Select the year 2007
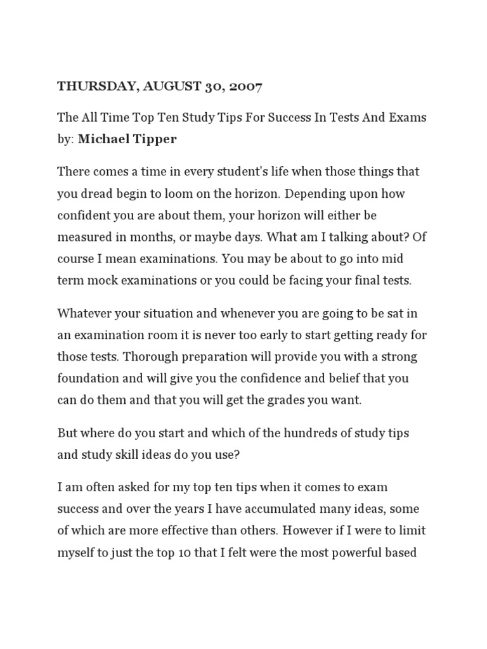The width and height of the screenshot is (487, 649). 242,87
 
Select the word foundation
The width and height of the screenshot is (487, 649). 87,378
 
